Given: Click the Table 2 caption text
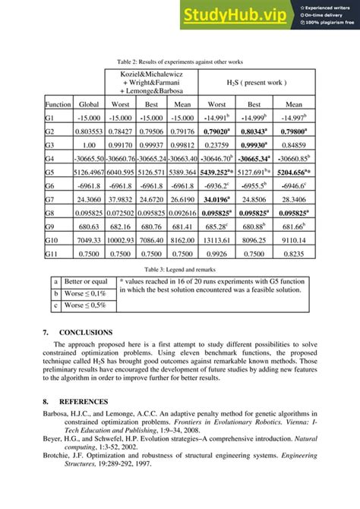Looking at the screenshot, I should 179,61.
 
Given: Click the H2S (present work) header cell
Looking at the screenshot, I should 254,81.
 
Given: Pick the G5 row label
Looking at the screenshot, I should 49,172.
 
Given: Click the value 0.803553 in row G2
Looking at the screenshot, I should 89,131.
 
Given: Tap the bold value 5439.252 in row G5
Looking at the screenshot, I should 217,172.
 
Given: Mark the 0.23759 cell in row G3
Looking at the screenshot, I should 216,144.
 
